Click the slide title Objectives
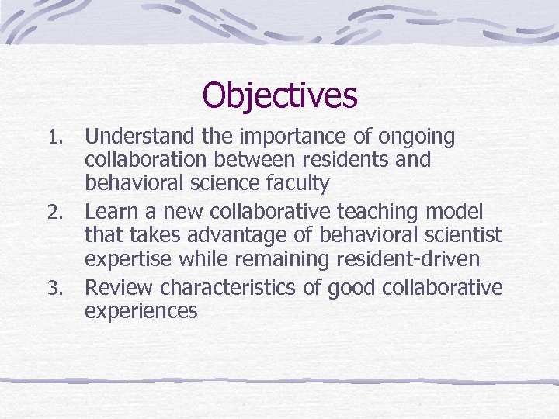coord(279,96)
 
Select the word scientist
coord(462,234)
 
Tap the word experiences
coord(141,311)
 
